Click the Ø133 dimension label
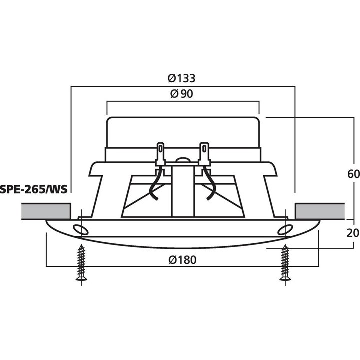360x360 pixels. click(182, 78)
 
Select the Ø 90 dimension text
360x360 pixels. click(182, 94)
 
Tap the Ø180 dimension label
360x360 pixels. click(182, 259)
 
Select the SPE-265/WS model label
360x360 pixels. click(34, 189)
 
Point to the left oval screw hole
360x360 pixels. click(78, 229)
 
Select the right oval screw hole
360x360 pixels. click(285, 229)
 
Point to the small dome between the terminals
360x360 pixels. click(182, 160)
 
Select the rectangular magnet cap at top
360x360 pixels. click(182, 132)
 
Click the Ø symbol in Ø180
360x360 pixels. click(172, 259)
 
